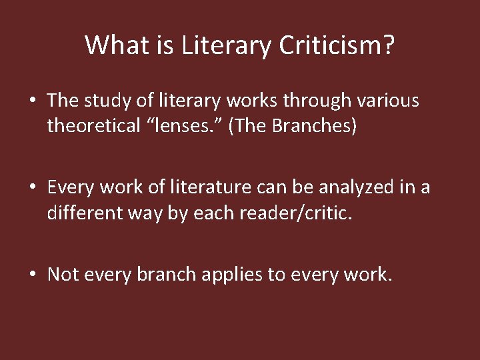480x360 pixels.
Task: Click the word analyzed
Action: point(346,188)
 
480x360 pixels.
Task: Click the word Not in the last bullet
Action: point(63,275)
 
